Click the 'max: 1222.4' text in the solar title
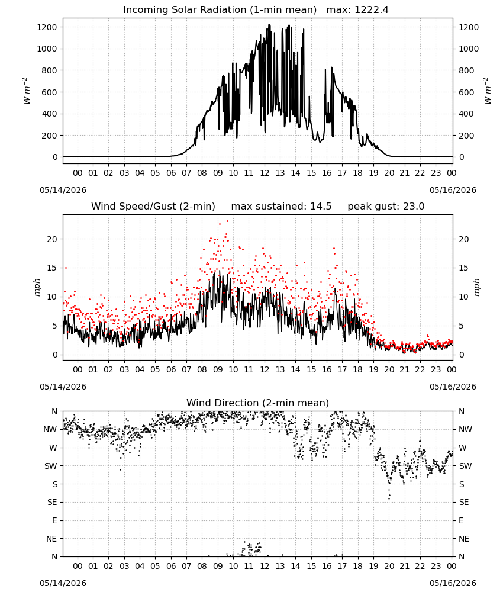pos(357,10)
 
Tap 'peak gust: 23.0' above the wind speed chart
pos(386,207)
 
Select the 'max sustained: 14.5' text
pos(281,207)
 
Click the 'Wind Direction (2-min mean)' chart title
pos(258,403)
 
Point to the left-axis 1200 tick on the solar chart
pos(47,27)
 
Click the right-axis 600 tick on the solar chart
pos(466,92)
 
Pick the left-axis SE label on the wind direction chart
pos(52,502)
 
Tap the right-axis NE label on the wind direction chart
pos(464,539)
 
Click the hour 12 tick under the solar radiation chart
pos(265,173)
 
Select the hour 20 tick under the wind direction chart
pos(389,566)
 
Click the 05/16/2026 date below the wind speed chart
pos(453,387)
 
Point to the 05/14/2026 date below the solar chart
pos(63,190)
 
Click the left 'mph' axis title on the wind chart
pos(37,287)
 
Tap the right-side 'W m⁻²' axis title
pos(487,91)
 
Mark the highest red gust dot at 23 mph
pos(228,221)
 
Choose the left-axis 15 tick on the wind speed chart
pos(52,268)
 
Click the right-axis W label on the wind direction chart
pos(463,448)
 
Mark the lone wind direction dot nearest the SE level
pos(389,498)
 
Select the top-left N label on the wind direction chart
pos(54,411)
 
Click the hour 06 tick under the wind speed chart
pos(171,369)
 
